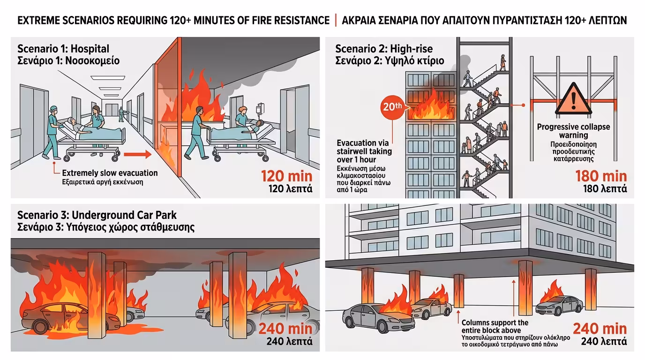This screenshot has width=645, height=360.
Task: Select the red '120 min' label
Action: click(286, 177)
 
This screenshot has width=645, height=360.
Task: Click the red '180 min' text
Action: click(601, 176)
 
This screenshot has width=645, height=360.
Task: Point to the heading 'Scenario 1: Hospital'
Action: click(63, 49)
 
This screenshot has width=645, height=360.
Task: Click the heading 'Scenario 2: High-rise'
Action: click(384, 49)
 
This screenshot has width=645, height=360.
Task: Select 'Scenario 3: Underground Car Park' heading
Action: click(97, 215)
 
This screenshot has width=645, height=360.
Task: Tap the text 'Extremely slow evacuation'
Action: click(110, 173)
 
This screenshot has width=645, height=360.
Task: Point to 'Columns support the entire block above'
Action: click(495, 326)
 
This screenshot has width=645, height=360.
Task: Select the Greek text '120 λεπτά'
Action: click(290, 190)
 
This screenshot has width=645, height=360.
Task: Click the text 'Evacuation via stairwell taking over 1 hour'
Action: click(364, 151)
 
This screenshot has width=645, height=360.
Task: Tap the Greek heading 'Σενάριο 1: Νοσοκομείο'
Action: click(68, 60)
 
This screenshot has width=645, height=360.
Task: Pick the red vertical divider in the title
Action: click(336, 21)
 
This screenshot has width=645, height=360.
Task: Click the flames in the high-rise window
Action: click(430, 107)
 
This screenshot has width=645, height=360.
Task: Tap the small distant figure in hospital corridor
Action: click(121, 113)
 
